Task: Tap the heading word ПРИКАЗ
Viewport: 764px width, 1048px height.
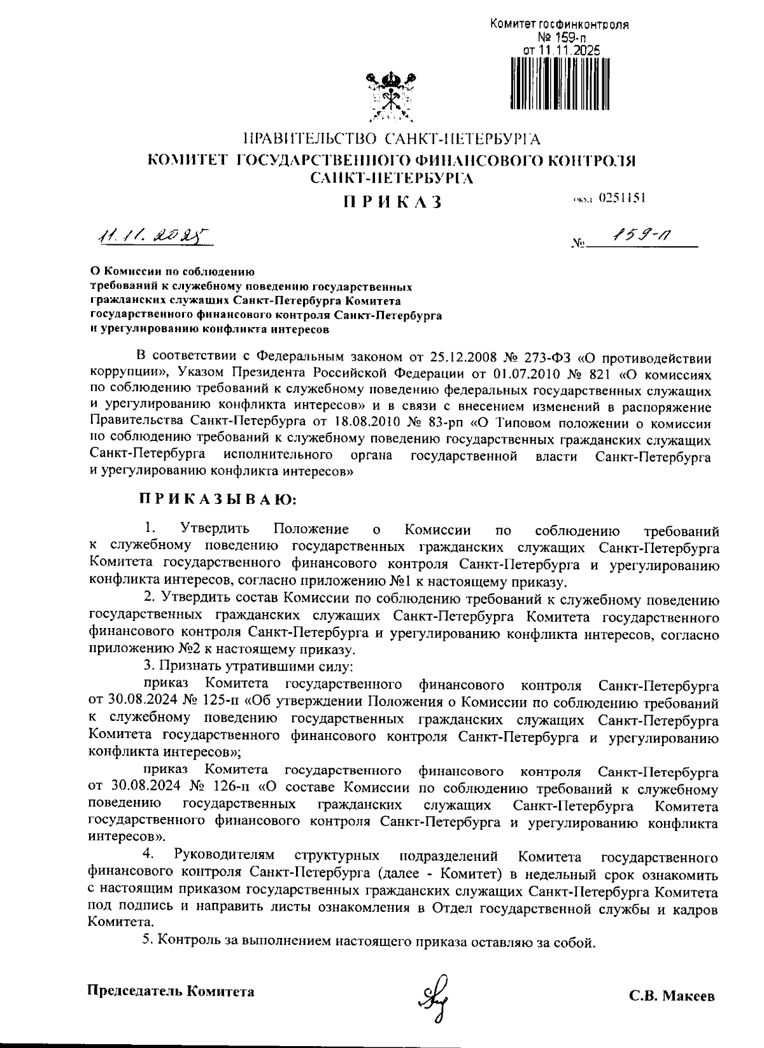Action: pyautogui.click(x=392, y=202)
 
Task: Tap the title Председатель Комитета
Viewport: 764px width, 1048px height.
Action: pyautogui.click(x=170, y=991)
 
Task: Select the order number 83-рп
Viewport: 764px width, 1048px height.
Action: pyautogui.click(x=467, y=421)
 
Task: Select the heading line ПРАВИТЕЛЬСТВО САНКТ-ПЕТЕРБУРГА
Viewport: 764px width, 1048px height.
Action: pyautogui.click(x=392, y=138)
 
